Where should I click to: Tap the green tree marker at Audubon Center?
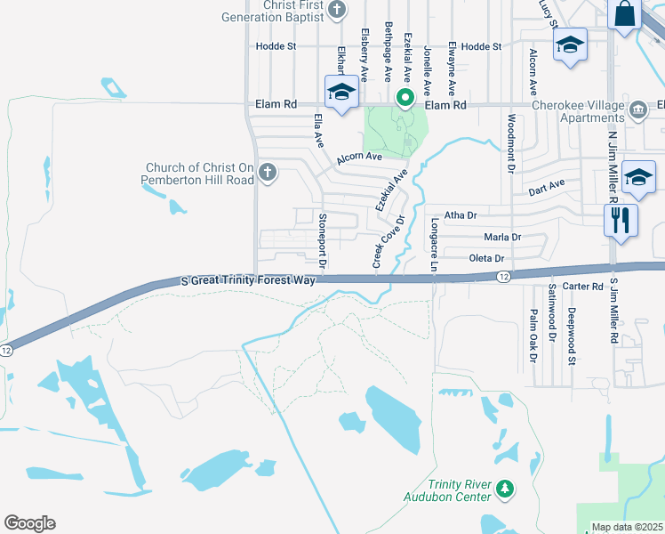504,489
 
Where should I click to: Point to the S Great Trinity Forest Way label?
248,279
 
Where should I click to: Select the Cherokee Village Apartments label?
578,110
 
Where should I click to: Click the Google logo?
29,522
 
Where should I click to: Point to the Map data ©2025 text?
626,527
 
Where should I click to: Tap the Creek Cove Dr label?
388,242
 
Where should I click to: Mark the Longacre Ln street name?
435,245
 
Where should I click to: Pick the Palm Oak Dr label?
533,336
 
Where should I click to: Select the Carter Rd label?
583,286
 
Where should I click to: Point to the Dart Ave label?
547,190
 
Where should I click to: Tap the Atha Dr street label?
461,214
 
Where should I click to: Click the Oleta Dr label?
486,258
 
